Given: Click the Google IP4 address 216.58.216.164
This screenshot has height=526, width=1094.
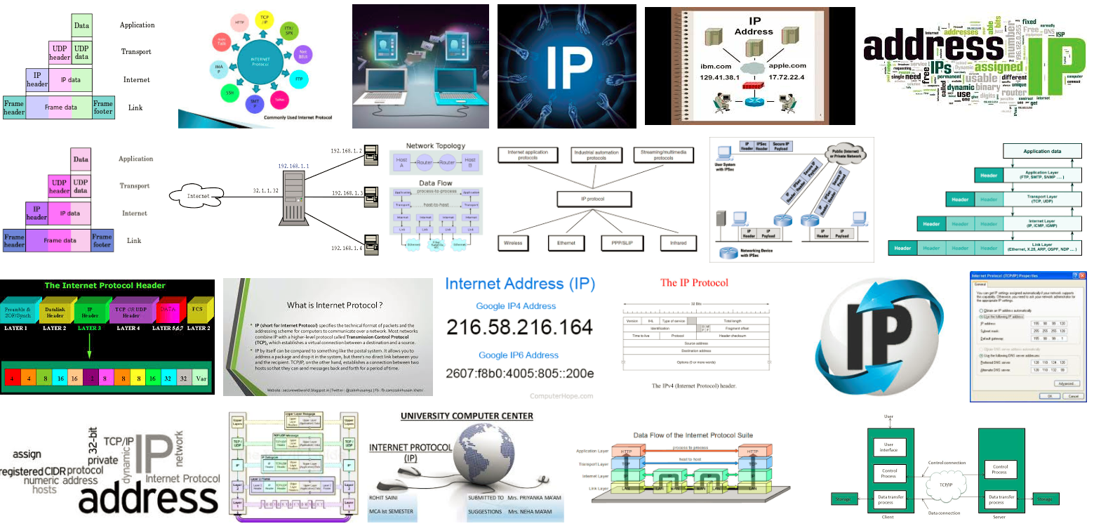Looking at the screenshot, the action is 519,327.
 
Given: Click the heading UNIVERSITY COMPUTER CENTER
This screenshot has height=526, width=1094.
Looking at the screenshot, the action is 467,416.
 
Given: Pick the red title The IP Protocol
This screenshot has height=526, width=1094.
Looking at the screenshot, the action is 694,283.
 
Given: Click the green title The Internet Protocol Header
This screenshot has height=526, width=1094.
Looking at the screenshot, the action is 105,286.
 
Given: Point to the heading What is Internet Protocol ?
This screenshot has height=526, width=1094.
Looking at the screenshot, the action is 335,305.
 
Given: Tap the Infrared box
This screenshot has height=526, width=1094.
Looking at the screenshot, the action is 678,243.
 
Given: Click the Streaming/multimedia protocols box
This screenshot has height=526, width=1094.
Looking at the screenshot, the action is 664,154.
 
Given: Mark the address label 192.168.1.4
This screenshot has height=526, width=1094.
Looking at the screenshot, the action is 347,248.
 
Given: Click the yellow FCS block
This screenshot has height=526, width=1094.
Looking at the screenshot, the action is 199,309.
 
